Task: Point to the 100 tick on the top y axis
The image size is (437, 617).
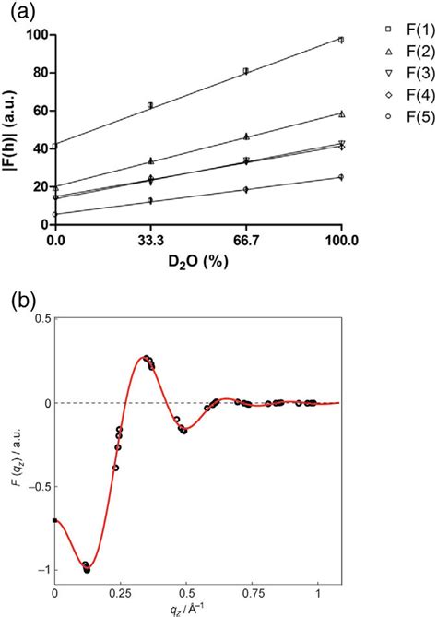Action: click(36, 35)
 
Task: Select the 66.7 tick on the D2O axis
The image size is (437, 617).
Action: click(245, 241)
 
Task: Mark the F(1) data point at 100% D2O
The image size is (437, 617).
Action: click(341, 40)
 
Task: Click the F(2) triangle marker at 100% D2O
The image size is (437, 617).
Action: click(341, 113)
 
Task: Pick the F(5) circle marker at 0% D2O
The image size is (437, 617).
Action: click(55, 214)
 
